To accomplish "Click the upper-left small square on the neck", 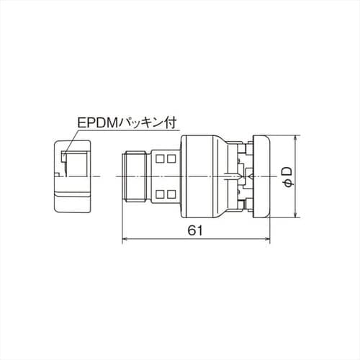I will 159,158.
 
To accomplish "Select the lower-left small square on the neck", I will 159,194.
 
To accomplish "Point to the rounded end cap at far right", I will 261,176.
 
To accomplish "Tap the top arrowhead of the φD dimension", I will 297,138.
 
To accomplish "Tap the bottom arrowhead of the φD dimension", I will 297,214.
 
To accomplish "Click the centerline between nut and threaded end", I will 107,176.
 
